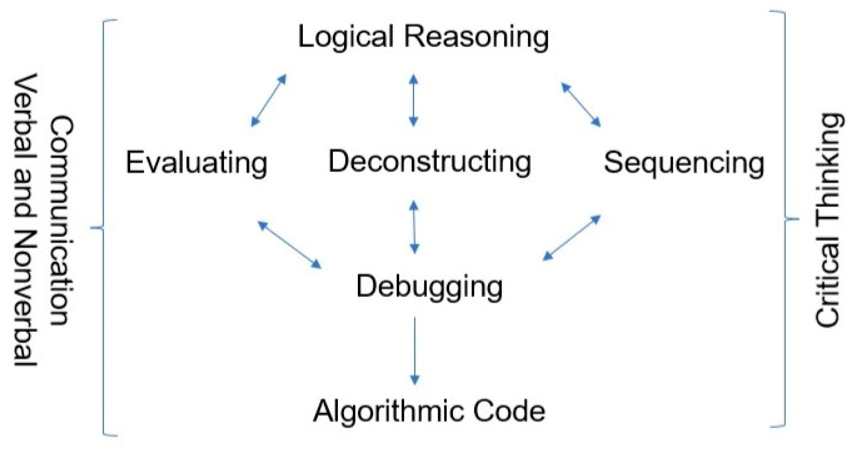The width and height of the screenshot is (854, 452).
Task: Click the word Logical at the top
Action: click(346, 37)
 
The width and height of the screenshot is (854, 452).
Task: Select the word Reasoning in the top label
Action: click(476, 37)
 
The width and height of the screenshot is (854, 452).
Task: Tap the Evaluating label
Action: click(197, 162)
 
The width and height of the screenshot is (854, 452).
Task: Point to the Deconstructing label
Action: click(430, 161)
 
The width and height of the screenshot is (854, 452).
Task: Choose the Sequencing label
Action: click(684, 162)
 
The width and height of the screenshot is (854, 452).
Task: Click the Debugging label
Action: click(429, 287)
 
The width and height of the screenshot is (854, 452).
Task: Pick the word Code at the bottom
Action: click(509, 411)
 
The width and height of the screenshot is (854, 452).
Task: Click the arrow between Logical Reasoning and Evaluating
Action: click(268, 101)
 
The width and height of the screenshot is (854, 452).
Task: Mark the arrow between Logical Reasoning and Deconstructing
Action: click(414, 101)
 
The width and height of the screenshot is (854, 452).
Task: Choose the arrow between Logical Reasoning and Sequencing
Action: click(581, 105)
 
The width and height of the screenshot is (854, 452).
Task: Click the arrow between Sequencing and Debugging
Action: click(572, 238)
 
